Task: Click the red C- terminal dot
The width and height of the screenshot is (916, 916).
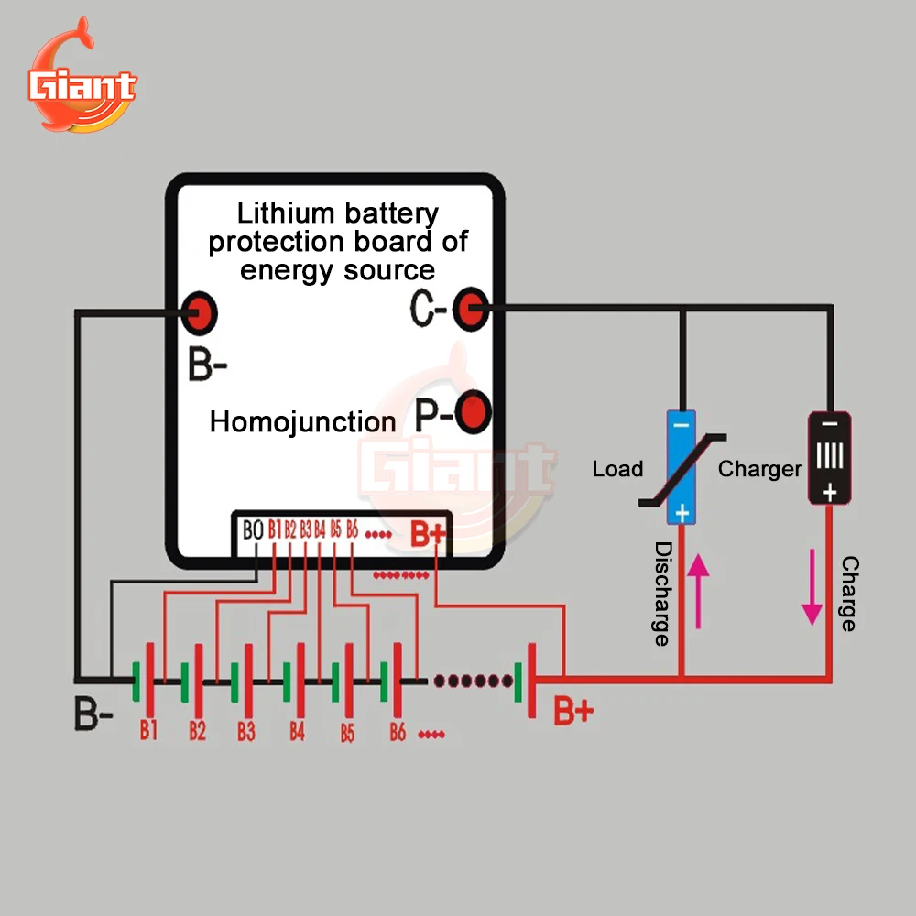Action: pyautogui.click(x=471, y=309)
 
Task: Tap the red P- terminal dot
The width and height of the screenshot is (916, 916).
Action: pyautogui.click(x=474, y=412)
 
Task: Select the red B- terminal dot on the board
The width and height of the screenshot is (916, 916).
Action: pyautogui.click(x=199, y=313)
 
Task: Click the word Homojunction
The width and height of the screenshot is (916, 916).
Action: pyautogui.click(x=302, y=421)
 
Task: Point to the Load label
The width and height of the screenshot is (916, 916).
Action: pyautogui.click(x=617, y=468)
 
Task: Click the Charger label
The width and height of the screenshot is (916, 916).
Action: pyautogui.click(x=759, y=469)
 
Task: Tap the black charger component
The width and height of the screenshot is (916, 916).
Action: pyautogui.click(x=830, y=458)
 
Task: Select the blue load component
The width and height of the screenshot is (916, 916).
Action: pyautogui.click(x=682, y=467)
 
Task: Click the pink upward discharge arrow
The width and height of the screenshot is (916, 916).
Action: pyautogui.click(x=698, y=591)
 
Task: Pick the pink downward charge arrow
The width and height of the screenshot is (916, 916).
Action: pyautogui.click(x=812, y=587)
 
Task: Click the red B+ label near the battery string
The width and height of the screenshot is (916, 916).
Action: pyautogui.click(x=573, y=711)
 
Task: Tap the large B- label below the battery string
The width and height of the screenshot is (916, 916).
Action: pyautogui.click(x=93, y=714)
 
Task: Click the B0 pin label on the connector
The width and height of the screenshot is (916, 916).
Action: pyautogui.click(x=253, y=529)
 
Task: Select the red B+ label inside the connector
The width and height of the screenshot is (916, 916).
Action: pyautogui.click(x=428, y=533)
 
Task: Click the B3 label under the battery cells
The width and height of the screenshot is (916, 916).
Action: pyautogui.click(x=246, y=731)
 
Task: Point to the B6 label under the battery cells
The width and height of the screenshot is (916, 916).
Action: pyautogui.click(x=398, y=731)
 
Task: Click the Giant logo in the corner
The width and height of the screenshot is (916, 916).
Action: pyautogui.click(x=82, y=76)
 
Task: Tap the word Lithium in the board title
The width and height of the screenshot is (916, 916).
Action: pyautogui.click(x=286, y=213)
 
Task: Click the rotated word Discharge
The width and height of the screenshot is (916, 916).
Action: pyautogui.click(x=663, y=594)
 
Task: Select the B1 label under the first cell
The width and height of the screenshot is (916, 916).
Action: pyautogui.click(x=148, y=730)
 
